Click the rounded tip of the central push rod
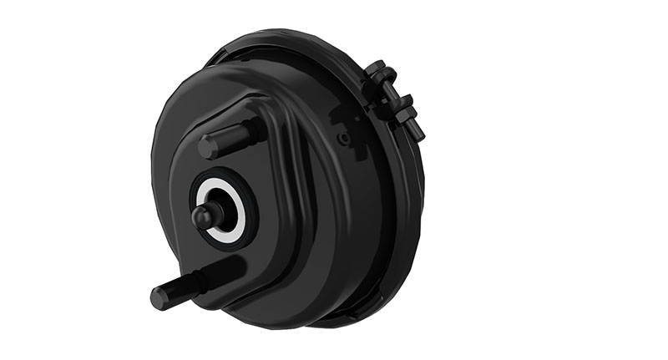point(201,218)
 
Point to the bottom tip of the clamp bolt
point(417,134)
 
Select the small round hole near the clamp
point(342,132)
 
